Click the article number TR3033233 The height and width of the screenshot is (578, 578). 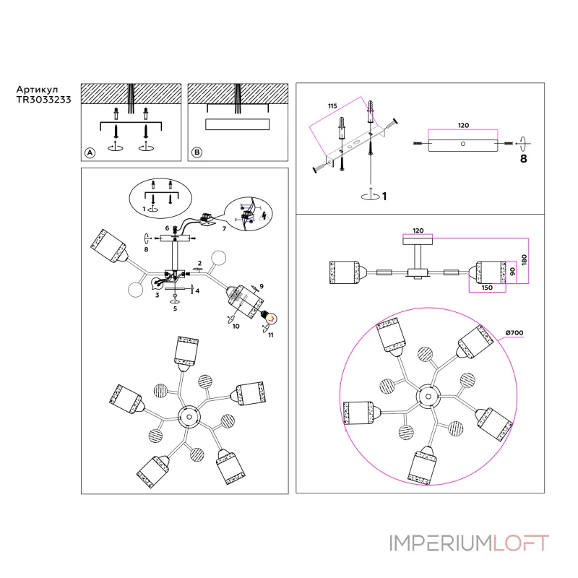pos(43,101)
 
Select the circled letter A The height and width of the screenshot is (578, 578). pos(90,153)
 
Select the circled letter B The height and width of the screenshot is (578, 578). pos(196,153)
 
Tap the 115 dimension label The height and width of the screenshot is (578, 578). pos(332,106)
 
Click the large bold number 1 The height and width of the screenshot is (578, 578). pos(385,196)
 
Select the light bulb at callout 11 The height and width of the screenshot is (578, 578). pos(268,316)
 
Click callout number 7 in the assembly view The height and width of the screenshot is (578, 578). pos(224,228)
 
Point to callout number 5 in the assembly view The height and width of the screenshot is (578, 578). pos(174,309)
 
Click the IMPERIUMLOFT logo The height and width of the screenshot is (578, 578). pos(469,543)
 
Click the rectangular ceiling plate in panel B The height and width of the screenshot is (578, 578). pos(238,125)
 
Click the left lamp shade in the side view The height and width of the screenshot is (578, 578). pos(345,272)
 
